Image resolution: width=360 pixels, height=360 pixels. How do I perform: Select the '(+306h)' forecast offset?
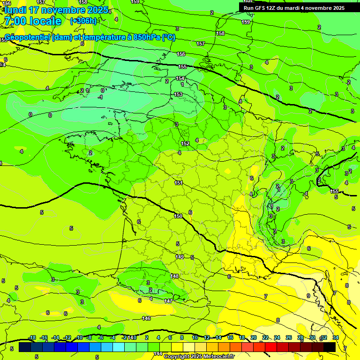point(83,21)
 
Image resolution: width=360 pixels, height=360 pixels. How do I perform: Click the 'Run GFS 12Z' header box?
point(294,7)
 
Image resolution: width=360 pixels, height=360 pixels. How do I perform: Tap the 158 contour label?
point(221,33)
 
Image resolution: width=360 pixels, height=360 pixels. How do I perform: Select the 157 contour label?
point(201,44)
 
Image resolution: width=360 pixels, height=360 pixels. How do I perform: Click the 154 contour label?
point(180,78)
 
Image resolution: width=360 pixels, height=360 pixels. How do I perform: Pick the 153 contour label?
point(178,95)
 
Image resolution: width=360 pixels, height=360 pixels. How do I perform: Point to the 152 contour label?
point(185,143)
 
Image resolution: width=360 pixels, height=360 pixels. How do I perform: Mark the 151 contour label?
point(178,183)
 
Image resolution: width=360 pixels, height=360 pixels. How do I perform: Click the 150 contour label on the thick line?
point(178,216)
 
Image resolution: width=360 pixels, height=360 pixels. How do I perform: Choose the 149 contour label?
point(180,257)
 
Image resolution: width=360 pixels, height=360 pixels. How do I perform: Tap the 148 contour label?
point(175,276)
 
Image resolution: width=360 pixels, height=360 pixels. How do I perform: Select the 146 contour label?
point(146,318)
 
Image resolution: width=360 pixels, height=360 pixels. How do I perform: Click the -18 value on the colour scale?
point(32,337)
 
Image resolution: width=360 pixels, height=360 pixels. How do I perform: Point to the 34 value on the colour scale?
point(335,337)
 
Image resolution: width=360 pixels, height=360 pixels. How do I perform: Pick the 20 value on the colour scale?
point(254,337)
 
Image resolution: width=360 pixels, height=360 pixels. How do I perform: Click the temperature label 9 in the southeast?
point(308,296)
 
